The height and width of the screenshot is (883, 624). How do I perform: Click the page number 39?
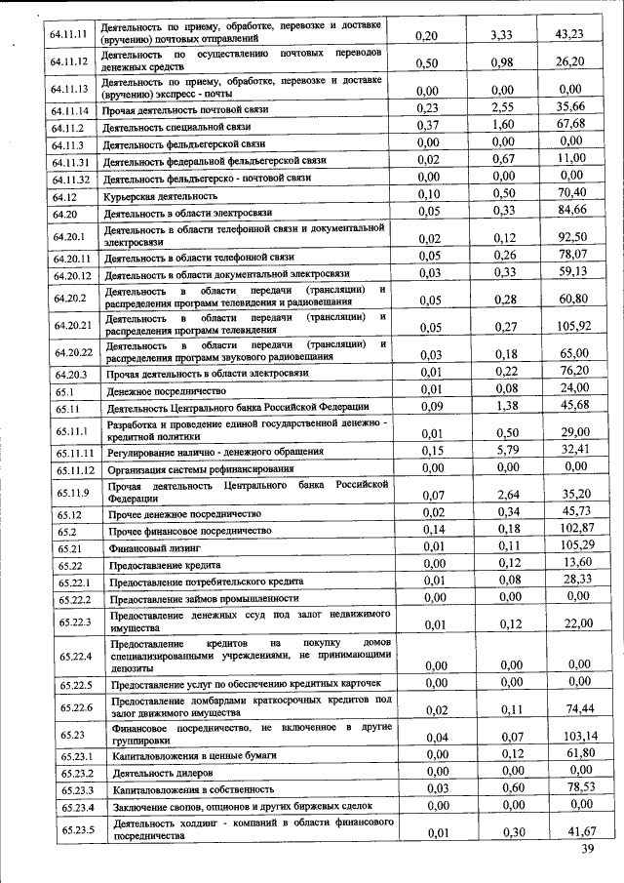(x=587, y=850)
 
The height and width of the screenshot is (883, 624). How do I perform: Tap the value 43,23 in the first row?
(x=569, y=35)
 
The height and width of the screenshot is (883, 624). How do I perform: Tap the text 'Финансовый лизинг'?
(x=153, y=548)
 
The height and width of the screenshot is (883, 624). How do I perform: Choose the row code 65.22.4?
(x=74, y=656)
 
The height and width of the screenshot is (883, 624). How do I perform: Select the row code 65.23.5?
(x=74, y=829)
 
